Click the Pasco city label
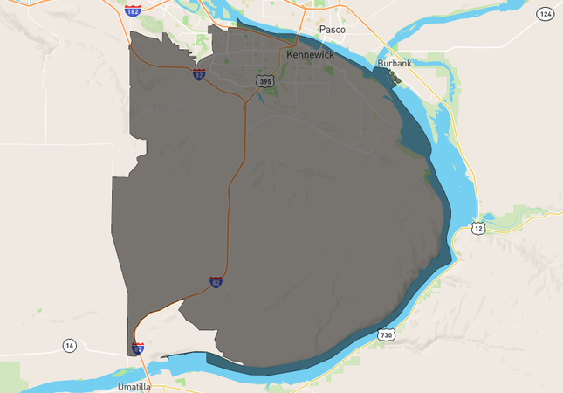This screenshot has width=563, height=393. pyautogui.click(x=332, y=30)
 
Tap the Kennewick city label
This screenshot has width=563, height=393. pyautogui.click(x=310, y=54)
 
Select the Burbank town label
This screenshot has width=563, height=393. pyautogui.click(x=393, y=65)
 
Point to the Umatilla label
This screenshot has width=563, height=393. pyautogui.click(x=134, y=385)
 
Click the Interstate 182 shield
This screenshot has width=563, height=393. pyautogui.click(x=133, y=11)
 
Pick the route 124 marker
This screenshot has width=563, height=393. pyautogui.click(x=545, y=14)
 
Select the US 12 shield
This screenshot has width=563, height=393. pyautogui.click(x=477, y=228)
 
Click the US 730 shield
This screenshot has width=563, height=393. pyautogui.click(x=386, y=334)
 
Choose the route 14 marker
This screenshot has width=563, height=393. pyautogui.click(x=70, y=346)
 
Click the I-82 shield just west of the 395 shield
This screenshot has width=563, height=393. pyautogui.click(x=199, y=75)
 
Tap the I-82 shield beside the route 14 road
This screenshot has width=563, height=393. pyautogui.click(x=138, y=348)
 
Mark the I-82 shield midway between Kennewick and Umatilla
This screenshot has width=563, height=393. pyautogui.click(x=216, y=282)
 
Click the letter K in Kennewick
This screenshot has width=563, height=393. pyautogui.click(x=290, y=54)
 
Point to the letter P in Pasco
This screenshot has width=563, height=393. pyautogui.click(x=321, y=30)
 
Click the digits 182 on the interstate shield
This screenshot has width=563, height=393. pyautogui.click(x=133, y=12)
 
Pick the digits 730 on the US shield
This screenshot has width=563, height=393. pyautogui.click(x=386, y=335)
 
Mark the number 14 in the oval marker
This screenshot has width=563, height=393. pyautogui.click(x=70, y=346)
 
